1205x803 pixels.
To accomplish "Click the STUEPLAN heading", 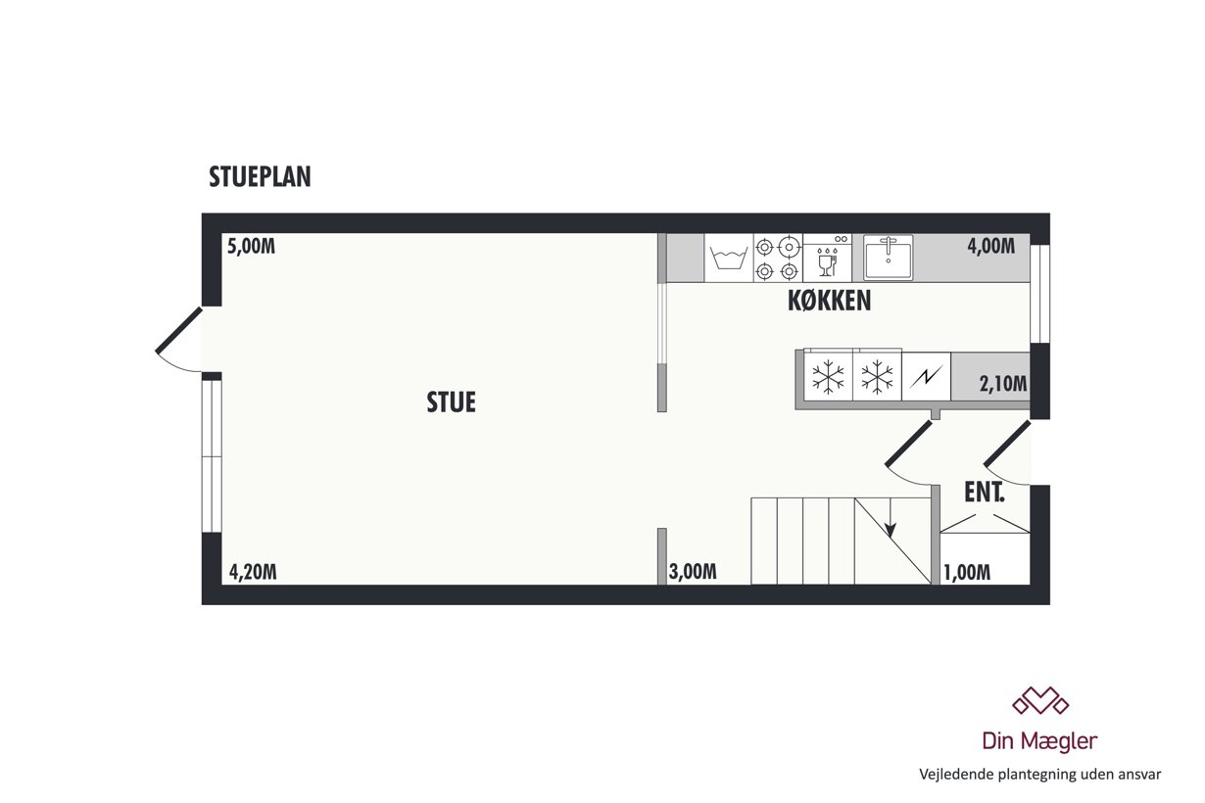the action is coord(260,177).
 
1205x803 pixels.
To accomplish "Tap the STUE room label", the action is coord(451,402).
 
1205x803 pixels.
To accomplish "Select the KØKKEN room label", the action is coord(829,302).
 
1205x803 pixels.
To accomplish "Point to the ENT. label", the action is coord(984,493).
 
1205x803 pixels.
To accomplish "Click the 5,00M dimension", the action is coord(251,247).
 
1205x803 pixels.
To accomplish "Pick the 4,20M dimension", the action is coord(253,572).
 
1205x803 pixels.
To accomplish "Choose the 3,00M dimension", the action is coord(693,572).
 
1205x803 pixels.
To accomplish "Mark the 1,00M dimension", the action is coord(967,573).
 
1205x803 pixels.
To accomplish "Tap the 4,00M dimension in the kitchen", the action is coord(990,247).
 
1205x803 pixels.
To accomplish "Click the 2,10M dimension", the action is coord(1003,384).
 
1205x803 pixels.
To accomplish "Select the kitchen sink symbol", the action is coord(888,258).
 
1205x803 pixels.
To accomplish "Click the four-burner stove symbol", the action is coord(777,258).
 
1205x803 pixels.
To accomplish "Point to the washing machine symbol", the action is coord(728,258).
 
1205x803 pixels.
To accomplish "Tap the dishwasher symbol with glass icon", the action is coord(828,258).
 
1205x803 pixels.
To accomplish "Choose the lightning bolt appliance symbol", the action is coord(926,376).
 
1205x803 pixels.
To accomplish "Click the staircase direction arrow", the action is coord(891,517).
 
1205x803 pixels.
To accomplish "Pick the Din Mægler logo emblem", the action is coord(1040,701).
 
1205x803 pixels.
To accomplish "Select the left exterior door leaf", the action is coord(179,330).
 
